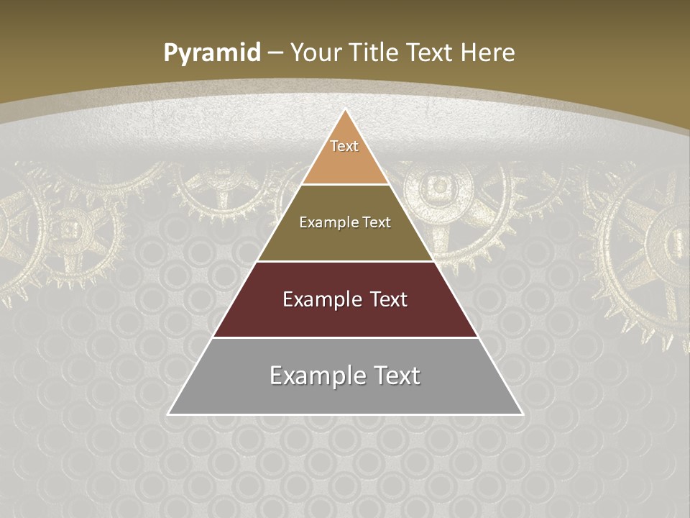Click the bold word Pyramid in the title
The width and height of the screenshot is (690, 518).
212,53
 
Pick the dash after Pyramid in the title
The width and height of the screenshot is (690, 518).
275,53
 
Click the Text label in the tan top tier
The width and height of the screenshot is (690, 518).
344,146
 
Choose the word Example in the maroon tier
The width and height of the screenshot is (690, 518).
319,299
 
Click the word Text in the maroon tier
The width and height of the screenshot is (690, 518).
390,299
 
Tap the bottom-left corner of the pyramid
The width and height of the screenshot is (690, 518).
168,414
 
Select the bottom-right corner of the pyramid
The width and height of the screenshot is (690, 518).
523,414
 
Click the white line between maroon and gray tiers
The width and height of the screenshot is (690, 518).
345,337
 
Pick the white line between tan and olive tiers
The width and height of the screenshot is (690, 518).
345,185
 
